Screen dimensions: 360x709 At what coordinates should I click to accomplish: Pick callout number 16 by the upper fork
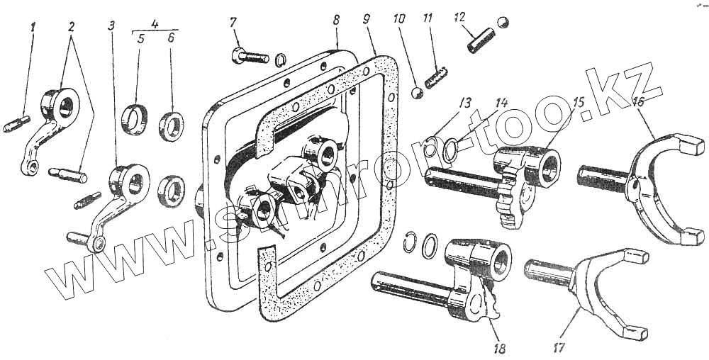coord(638,102)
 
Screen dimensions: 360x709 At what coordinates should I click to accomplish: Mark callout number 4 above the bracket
coord(155,24)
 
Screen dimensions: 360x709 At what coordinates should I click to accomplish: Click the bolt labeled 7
coord(248,55)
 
